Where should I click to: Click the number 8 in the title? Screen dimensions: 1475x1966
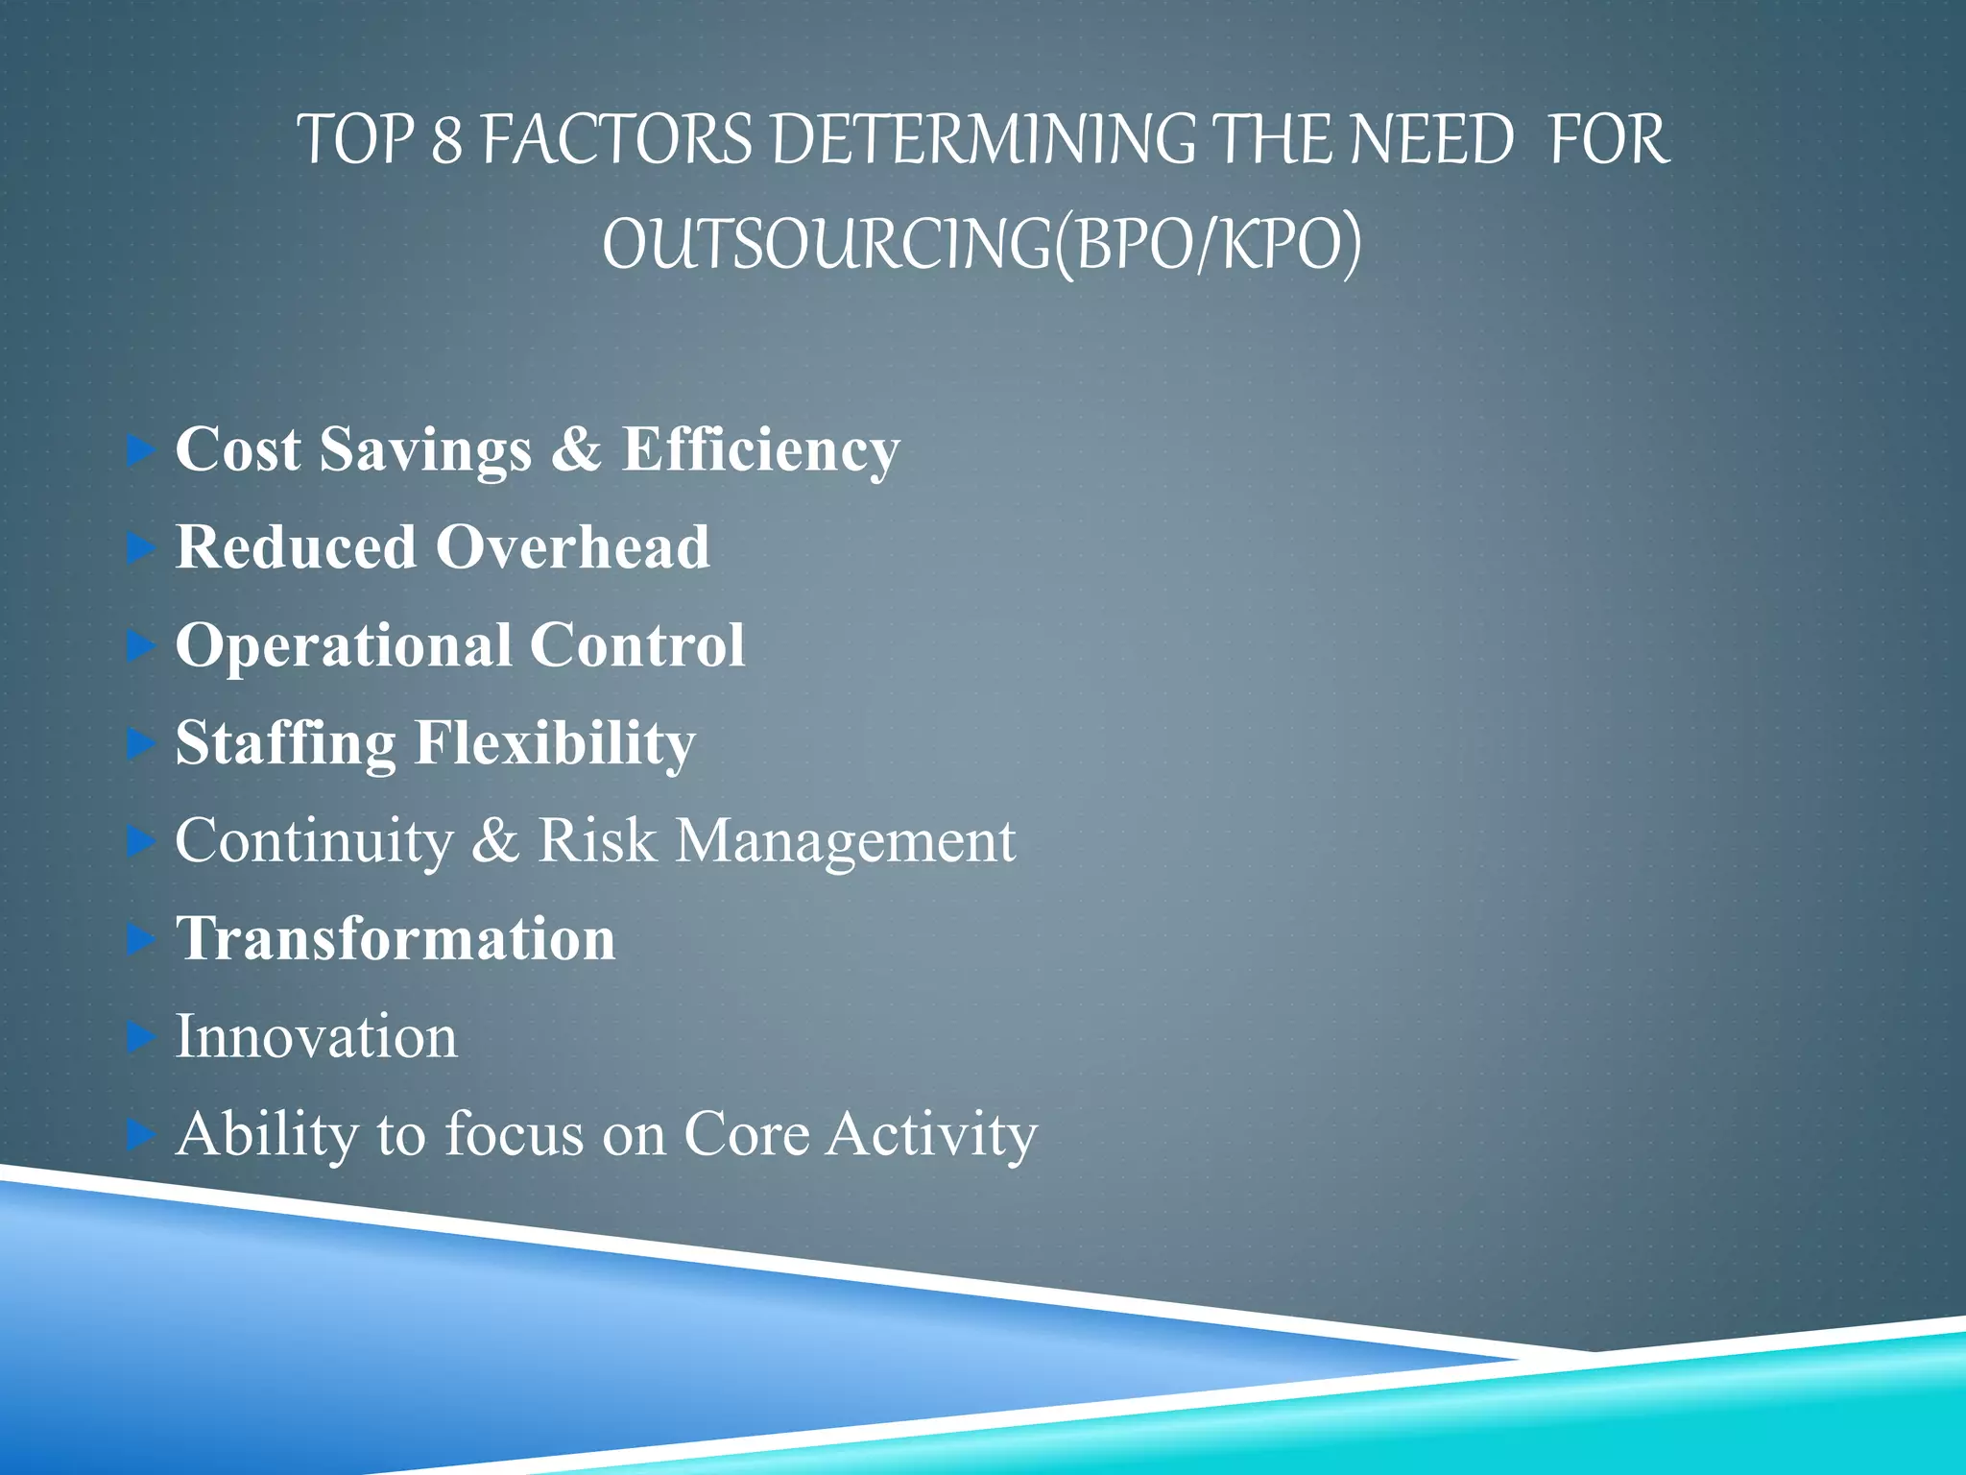point(447,141)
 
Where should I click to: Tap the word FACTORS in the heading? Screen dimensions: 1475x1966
point(617,141)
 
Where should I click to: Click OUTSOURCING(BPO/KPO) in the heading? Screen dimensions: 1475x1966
point(981,245)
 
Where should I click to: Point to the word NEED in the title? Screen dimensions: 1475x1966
point(1431,141)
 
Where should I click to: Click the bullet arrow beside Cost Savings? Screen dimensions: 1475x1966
point(141,449)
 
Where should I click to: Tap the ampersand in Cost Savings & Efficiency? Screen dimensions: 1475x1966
point(576,449)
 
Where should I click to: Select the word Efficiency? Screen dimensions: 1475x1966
point(760,449)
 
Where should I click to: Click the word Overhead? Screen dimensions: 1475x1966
point(573,547)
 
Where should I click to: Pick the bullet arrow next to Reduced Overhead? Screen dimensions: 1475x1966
point(141,548)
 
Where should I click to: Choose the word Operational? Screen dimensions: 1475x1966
point(343,645)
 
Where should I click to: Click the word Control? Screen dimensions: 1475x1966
point(637,645)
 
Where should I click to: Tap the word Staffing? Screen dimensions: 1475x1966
point(285,743)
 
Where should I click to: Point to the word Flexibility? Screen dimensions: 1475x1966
point(555,743)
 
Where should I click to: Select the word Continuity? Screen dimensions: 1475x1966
point(313,841)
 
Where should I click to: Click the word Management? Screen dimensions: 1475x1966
point(845,841)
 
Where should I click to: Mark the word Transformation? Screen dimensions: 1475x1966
point(396,939)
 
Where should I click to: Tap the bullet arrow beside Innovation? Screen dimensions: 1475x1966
point(141,1037)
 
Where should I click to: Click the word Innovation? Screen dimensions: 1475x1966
point(316,1037)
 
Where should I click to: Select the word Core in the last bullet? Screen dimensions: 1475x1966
point(746,1135)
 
